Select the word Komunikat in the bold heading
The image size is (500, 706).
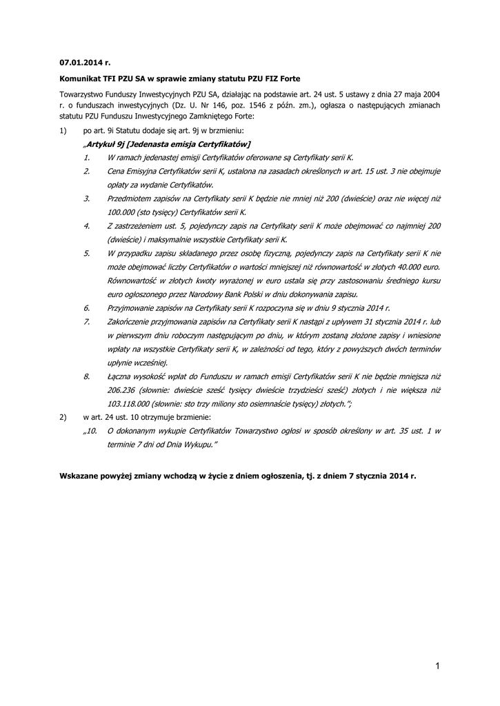(81, 79)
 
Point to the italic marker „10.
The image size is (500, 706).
(91, 430)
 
